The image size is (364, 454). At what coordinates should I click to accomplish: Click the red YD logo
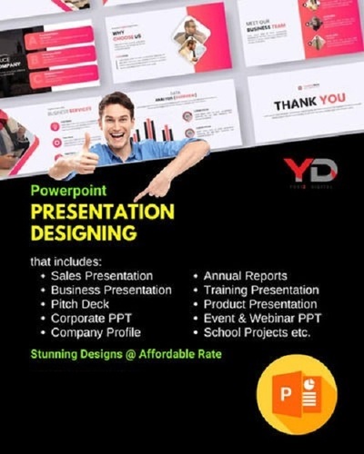pos(309,169)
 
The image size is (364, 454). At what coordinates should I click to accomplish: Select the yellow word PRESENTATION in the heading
pos(102,212)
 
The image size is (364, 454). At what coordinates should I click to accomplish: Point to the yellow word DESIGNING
pos(83,234)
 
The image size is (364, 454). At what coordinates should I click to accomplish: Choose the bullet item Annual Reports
pos(245,275)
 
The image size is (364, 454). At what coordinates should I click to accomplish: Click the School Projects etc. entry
pos(258,333)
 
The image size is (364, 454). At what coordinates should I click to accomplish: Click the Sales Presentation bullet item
pos(102,275)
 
